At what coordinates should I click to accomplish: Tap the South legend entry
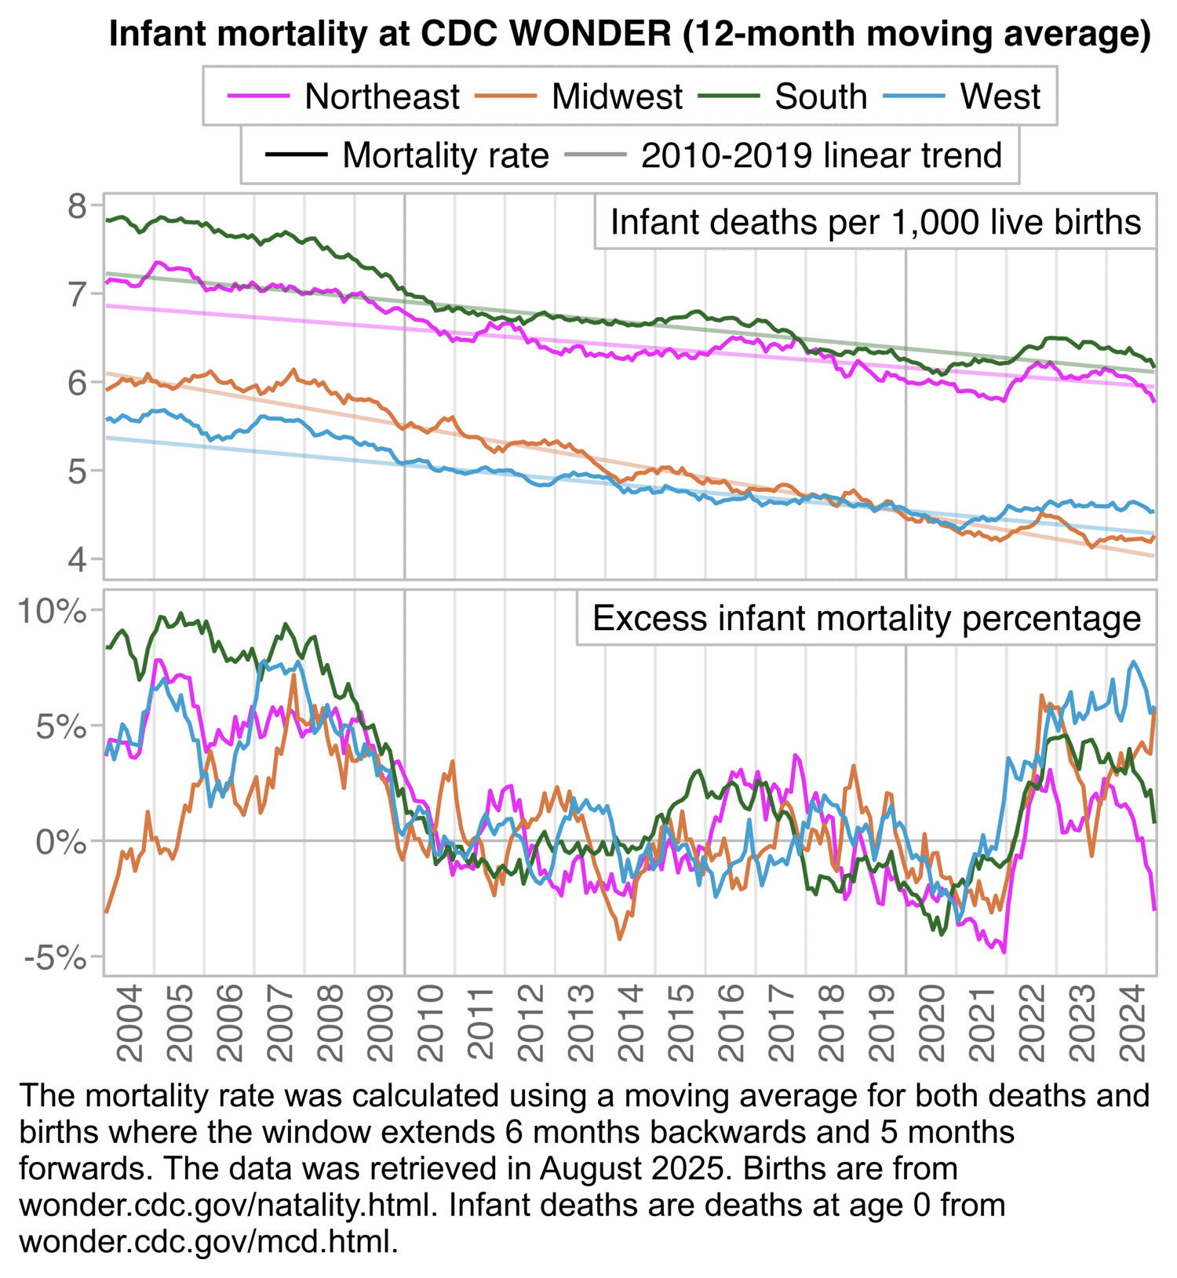click(x=820, y=96)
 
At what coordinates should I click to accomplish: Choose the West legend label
click(x=1000, y=96)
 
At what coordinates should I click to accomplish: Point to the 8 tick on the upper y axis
click(x=78, y=206)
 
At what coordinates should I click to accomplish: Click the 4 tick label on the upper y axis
click(x=78, y=559)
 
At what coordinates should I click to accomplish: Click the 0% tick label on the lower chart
click(x=61, y=842)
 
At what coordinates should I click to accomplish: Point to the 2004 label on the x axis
click(x=130, y=1023)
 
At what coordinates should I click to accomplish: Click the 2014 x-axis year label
click(x=631, y=1023)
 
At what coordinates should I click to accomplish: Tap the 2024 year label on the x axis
click(x=1132, y=1023)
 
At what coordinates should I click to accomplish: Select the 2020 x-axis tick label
click(x=932, y=1023)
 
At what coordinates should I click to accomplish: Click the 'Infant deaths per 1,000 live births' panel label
click(x=875, y=222)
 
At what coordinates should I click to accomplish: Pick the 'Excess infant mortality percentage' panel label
click(x=866, y=618)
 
